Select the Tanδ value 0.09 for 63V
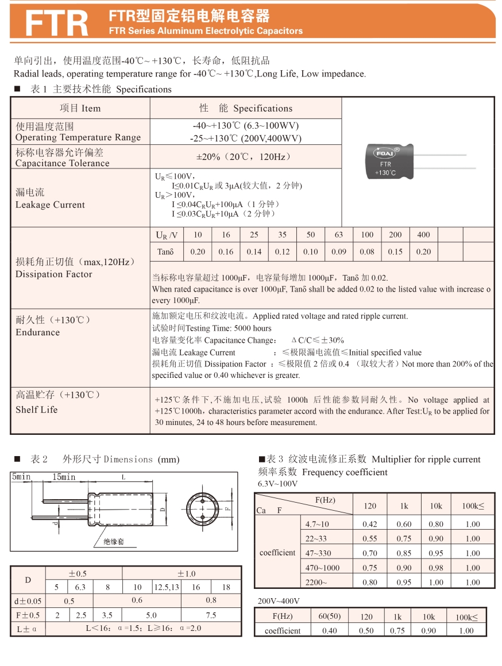pos(339,252)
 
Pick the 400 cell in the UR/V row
pos(423,235)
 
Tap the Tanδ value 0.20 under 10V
pos(198,252)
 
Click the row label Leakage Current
pos(50,205)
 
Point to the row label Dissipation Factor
pos(54,274)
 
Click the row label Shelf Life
pos(37,409)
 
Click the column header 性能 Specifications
pos(245,108)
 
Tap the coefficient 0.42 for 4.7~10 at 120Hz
pos(370,524)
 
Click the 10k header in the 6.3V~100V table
pos(436,506)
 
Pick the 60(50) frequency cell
pos(329,617)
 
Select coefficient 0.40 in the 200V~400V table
pos(329,631)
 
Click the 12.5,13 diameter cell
pos(167,587)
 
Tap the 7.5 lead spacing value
pos(211,615)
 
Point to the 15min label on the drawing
pos(64,477)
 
